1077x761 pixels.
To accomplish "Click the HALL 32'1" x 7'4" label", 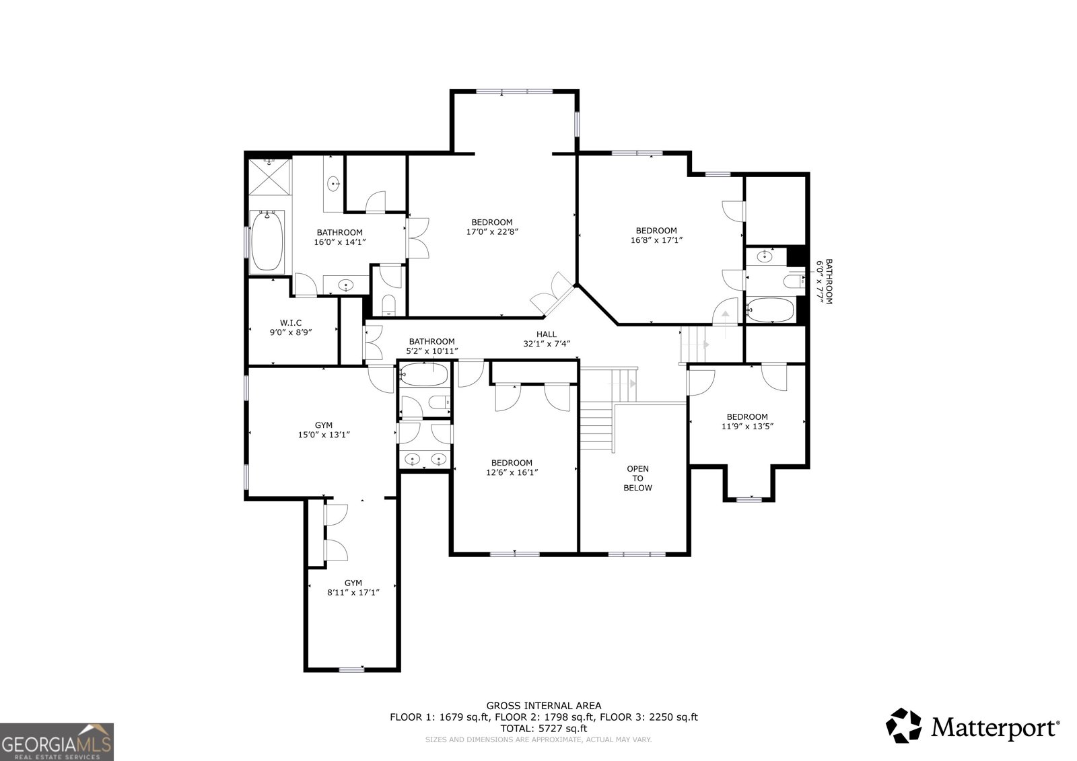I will coord(547,339).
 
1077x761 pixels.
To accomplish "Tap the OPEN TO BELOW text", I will coord(637,478).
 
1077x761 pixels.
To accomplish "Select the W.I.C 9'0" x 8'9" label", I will coord(291,327).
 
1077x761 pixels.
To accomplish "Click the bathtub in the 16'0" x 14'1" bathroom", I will coord(268,241).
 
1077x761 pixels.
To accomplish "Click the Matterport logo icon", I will coord(903,727).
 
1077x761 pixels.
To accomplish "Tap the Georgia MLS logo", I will coord(57,741).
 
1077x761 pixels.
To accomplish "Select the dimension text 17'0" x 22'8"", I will coord(492,231).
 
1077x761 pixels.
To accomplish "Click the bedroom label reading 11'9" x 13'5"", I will coord(746,421).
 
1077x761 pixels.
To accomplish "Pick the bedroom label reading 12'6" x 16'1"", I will coord(512,468).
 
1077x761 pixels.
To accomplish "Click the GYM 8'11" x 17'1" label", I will coord(353,587).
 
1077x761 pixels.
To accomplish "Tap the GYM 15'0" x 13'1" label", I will coord(324,430).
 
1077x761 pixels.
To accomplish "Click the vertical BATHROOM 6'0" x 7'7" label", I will coord(825,282).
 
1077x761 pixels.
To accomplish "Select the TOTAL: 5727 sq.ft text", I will coord(543,728).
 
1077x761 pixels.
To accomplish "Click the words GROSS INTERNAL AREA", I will coord(544,705).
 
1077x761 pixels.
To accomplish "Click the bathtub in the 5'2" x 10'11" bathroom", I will coord(424,375).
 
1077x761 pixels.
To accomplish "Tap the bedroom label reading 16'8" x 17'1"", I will coord(656,235).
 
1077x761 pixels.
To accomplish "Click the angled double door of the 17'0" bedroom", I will coord(552,295).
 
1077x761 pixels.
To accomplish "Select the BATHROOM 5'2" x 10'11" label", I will coord(431,346).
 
